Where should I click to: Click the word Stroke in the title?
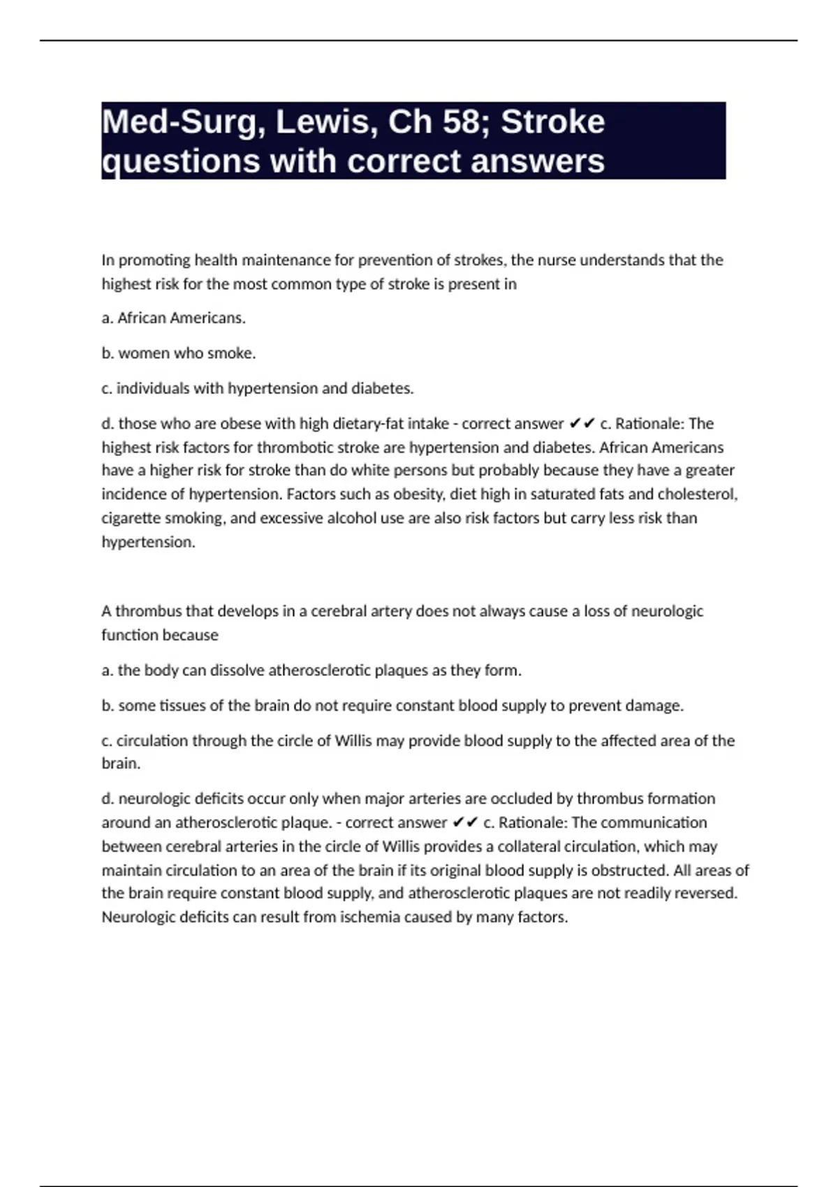pos(552,122)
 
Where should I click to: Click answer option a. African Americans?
pos(173,318)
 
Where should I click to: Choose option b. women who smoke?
pos(178,353)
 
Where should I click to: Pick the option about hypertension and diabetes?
pos(258,388)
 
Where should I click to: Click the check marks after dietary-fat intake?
pos(582,424)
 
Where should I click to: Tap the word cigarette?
pos(130,518)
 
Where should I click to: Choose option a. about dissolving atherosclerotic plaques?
pos(311,670)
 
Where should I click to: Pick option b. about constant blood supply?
pos(392,706)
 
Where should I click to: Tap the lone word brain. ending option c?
pos(121,764)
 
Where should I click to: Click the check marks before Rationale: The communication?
pos(465,823)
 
